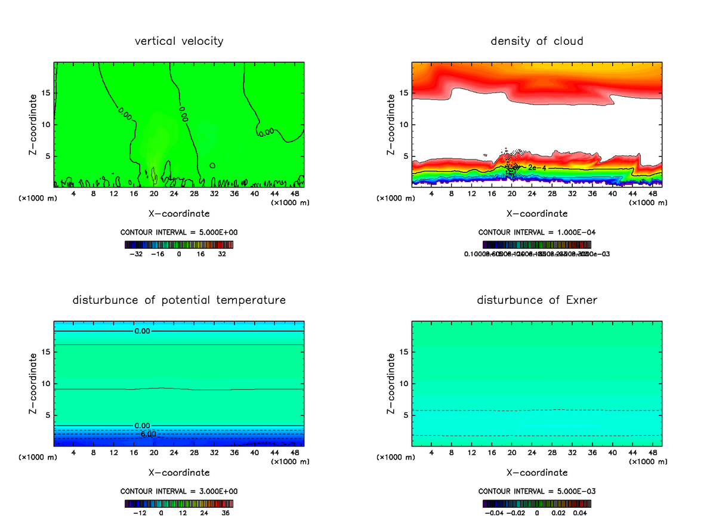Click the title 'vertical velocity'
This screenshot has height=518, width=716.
pos(179,41)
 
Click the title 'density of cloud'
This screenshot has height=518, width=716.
pos(536,41)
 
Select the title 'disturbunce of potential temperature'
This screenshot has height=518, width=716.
pos(179,300)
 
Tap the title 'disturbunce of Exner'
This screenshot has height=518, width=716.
pos(536,300)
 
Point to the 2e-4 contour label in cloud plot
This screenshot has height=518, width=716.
pos(537,168)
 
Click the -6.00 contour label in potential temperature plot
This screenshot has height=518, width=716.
pos(149,434)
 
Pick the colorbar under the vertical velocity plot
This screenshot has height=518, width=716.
pos(179,245)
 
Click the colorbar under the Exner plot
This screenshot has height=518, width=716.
pos(536,503)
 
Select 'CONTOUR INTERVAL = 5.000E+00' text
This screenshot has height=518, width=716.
pos(179,232)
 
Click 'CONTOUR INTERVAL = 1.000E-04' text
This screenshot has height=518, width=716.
pos(536,232)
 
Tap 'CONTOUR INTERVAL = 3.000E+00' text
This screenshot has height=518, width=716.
pos(179,491)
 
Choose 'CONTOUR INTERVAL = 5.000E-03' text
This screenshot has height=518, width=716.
pos(536,491)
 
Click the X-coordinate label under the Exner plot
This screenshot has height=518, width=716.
pos(536,473)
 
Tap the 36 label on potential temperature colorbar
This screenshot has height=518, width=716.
pos(226,513)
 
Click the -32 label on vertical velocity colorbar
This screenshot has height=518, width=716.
pos(136,254)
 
